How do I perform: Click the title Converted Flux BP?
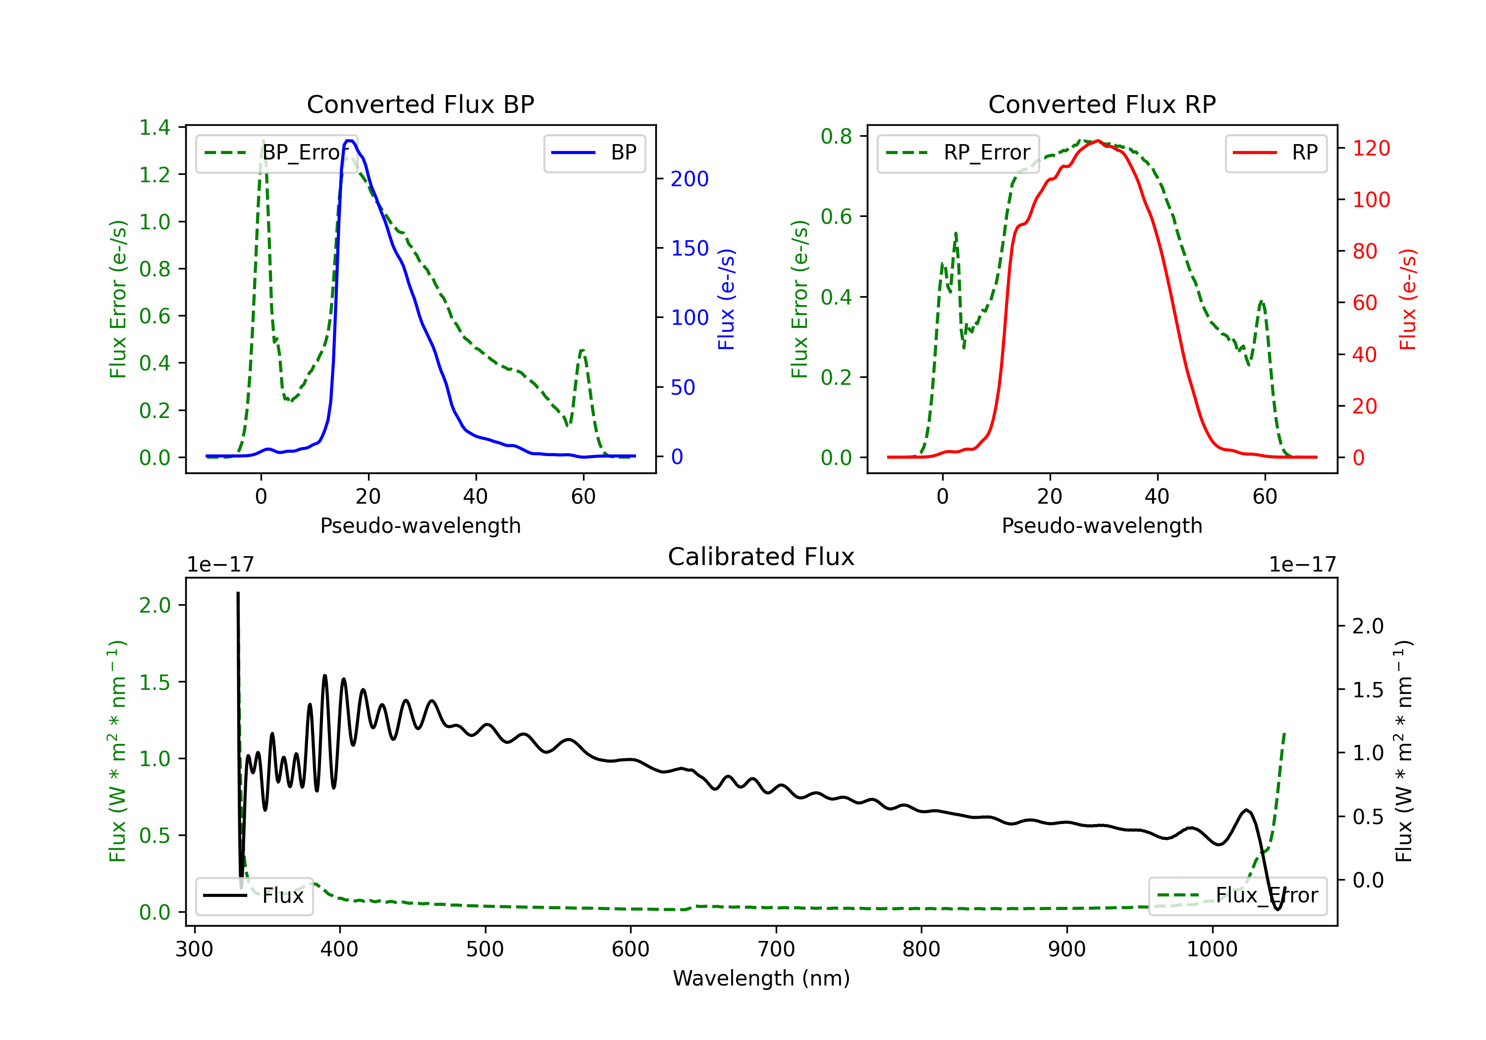pyautogui.click(x=420, y=104)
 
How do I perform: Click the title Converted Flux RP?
pyautogui.click(x=1102, y=104)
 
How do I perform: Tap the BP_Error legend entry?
pyautogui.click(x=276, y=153)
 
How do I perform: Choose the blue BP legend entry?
pyautogui.click(x=594, y=153)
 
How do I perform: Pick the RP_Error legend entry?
pyautogui.click(x=958, y=153)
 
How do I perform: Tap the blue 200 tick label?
pyautogui.click(x=690, y=179)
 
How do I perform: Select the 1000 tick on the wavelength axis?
pyautogui.click(x=1212, y=949)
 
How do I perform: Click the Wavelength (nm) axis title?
pyautogui.click(x=761, y=978)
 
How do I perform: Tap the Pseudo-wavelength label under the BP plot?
pyautogui.click(x=420, y=525)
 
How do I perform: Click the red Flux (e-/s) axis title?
pyautogui.click(x=1408, y=299)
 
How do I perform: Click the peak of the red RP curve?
pyautogui.click(x=1098, y=141)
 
